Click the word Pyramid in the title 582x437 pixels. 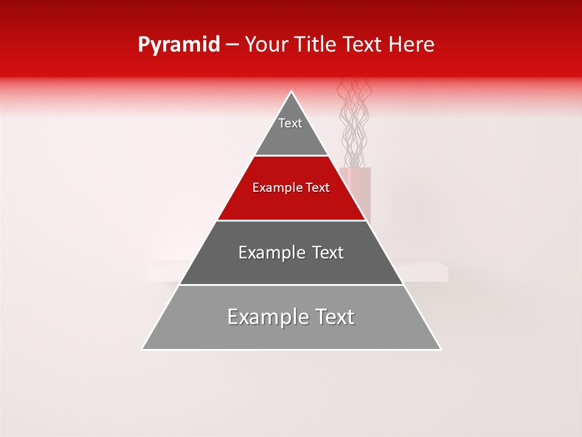point(178,45)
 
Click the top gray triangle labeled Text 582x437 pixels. point(291,130)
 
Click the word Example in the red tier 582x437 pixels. point(274,188)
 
